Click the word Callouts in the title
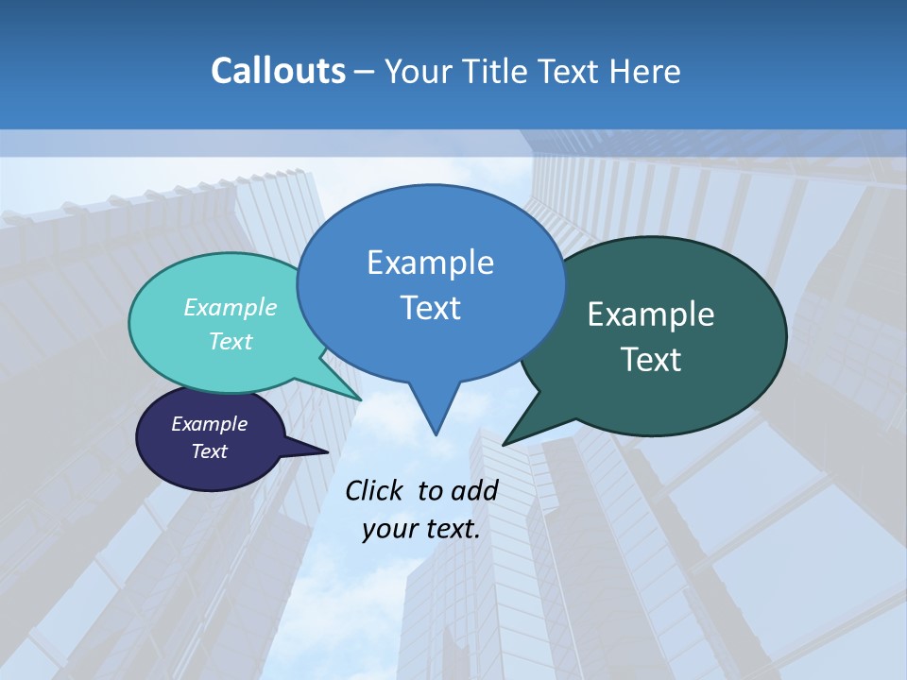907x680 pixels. pos(278,71)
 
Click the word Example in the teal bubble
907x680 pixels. pos(231,307)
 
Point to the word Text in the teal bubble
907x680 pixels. pos(231,341)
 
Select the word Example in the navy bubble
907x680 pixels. pos(209,424)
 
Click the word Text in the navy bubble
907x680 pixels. pos(209,451)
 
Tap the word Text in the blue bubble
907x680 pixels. pos(430,307)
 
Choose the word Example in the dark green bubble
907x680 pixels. pos(651,314)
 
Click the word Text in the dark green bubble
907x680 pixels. pos(651,359)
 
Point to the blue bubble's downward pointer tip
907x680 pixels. pos(436,434)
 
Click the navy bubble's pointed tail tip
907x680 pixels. pos(328,451)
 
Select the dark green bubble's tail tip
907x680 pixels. pos(504,444)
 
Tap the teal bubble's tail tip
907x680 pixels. pos(362,399)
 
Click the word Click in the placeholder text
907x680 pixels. pos(375,490)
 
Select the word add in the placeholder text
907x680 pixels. pos(474,490)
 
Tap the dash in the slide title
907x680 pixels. pos(365,72)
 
